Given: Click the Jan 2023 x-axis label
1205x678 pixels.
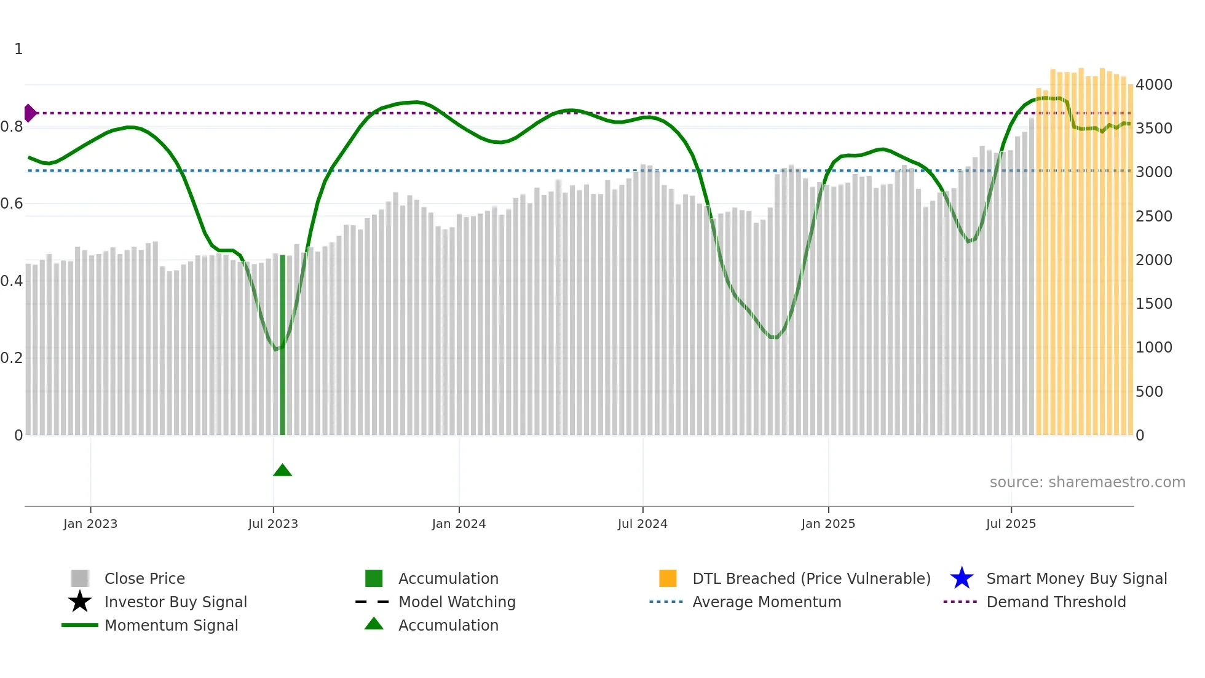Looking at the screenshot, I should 90,524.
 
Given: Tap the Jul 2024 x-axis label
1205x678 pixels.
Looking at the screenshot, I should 642,524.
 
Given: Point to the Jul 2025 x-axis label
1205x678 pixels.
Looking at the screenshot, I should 1011,524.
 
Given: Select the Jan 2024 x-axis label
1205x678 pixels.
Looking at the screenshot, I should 459,524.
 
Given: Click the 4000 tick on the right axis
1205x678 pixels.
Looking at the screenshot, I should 1153,84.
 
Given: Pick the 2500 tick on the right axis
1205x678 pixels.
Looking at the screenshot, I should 1153,216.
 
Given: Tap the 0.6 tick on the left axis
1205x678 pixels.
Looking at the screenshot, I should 12,203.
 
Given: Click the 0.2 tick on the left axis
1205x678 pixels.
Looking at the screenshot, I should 12,357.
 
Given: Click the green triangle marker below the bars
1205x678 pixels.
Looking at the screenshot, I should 282,471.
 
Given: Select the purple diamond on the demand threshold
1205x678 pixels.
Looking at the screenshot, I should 30,113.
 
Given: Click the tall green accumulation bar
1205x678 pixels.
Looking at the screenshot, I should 283,345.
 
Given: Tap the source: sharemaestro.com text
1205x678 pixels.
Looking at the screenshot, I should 1087,482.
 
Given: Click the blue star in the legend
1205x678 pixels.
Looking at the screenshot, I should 962,578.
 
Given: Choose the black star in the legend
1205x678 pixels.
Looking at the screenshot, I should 80,602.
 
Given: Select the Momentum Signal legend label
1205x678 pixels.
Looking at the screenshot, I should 171,625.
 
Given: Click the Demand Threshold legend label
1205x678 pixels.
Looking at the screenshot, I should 1056,602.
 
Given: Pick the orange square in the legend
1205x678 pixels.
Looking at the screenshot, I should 668,578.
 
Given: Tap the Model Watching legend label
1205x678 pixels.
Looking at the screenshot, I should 457,602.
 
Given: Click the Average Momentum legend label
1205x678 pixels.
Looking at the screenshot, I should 767,602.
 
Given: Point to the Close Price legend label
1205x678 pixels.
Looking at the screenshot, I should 144,578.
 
